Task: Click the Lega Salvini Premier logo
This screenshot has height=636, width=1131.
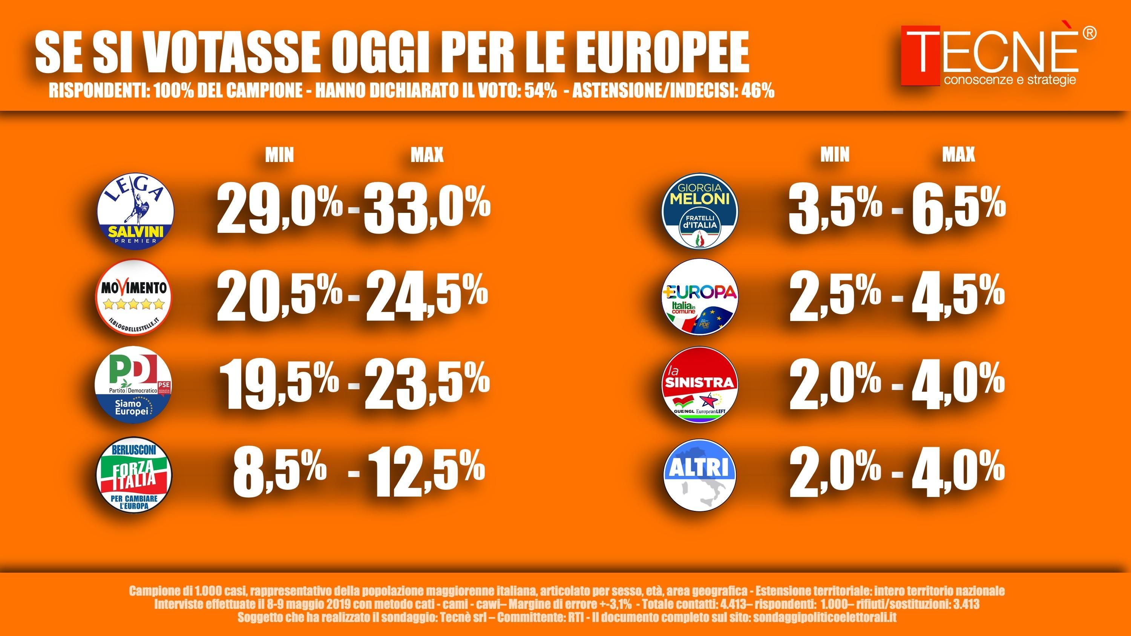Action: pos(135,211)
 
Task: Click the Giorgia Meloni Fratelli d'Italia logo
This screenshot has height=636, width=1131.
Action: pos(700,211)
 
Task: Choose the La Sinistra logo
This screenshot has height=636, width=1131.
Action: pos(700,384)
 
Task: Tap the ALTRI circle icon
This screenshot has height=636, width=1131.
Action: pos(700,475)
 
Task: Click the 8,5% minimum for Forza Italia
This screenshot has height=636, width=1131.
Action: pos(279,475)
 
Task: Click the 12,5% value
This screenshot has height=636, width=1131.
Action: pos(426,475)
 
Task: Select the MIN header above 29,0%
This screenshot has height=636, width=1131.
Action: pos(279,154)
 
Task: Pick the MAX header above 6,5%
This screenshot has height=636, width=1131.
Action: pos(958,154)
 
